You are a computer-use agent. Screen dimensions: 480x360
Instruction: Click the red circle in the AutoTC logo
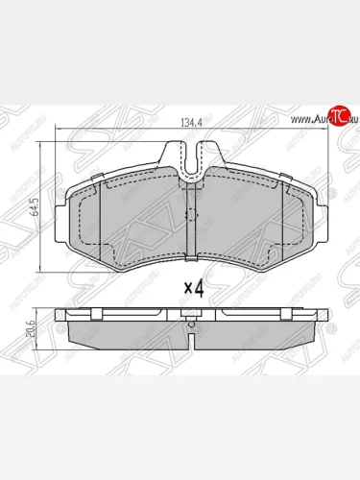tap(335, 117)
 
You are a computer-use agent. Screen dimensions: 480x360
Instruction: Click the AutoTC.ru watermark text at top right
tap(316, 118)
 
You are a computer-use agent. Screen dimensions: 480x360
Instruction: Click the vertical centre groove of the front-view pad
tap(192, 216)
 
